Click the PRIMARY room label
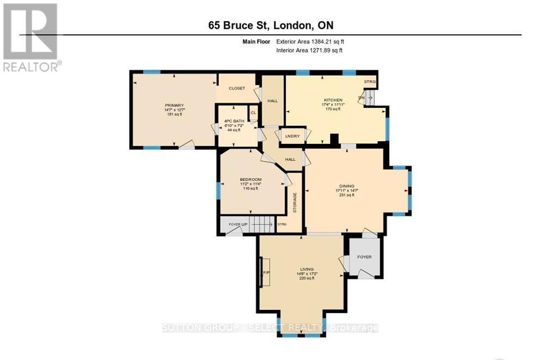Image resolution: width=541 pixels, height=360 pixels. (175, 105)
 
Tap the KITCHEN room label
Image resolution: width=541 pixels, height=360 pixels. (333, 100)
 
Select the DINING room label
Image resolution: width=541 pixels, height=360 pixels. (347, 186)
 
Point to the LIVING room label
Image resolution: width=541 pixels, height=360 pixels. (307, 269)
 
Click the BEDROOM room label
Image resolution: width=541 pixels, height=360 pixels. (250, 180)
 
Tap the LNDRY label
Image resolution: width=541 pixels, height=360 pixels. (292, 136)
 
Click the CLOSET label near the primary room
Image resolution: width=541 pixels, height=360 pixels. (237, 88)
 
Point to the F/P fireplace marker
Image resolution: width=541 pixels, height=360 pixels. (267, 272)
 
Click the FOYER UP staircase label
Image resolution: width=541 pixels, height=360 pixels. (237, 224)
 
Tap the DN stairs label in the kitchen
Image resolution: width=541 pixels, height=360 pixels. (361, 98)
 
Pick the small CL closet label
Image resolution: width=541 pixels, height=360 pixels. (253, 113)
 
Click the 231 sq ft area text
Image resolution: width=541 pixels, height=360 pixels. (347, 195)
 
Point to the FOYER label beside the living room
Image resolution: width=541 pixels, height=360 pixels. (364, 257)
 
